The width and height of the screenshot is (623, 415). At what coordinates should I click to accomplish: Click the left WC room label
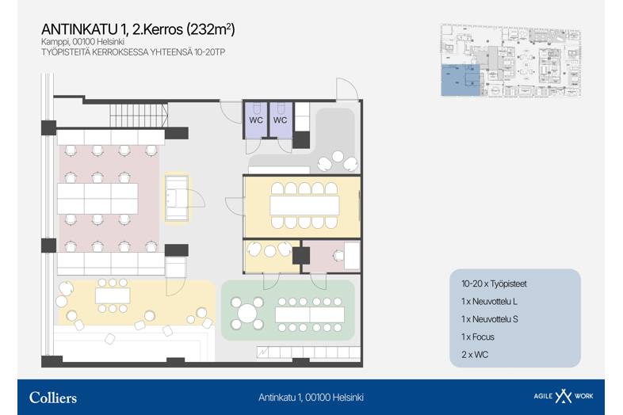(256, 120)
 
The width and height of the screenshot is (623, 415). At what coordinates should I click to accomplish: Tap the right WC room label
(280, 120)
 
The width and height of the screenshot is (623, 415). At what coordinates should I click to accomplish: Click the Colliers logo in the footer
(53, 398)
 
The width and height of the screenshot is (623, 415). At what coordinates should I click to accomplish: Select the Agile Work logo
(563, 396)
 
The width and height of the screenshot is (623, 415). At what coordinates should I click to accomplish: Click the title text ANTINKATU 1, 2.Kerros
(112, 29)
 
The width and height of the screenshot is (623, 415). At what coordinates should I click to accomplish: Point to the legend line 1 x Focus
(478, 337)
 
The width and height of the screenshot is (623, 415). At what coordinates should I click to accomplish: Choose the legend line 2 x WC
(475, 355)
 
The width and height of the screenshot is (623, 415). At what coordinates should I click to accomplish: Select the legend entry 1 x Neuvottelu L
(489, 302)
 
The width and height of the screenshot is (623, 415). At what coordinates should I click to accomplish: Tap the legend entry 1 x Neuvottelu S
(490, 319)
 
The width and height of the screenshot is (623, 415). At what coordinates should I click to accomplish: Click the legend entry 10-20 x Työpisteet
(494, 284)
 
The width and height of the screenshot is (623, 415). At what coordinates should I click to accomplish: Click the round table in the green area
(247, 313)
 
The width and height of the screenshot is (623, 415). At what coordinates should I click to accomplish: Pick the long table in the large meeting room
(304, 205)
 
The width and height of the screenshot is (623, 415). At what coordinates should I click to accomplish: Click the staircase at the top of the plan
(139, 115)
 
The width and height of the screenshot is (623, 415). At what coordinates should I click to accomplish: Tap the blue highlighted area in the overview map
(460, 80)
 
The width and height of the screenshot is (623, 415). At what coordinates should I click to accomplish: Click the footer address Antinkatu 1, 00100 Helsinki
(311, 398)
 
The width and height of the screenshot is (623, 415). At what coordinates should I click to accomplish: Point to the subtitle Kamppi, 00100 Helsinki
(82, 42)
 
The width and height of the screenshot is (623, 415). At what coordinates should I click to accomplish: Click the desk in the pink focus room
(352, 255)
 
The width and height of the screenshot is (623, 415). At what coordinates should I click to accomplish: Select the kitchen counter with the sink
(177, 198)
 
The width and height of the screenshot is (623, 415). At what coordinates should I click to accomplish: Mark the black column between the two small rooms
(300, 255)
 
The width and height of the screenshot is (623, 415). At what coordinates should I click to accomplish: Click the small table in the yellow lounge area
(113, 295)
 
